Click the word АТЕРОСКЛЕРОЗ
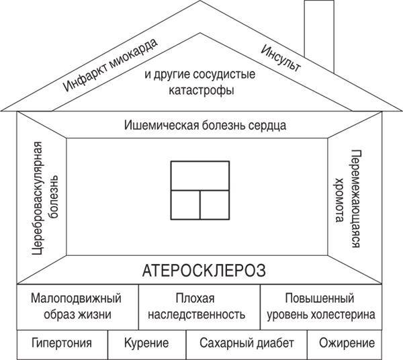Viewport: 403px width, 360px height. point(204,271)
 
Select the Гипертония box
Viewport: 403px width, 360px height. point(62,345)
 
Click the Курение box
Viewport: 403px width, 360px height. point(146,345)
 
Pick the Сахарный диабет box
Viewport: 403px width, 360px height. point(247,345)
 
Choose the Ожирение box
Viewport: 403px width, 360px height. point(345,345)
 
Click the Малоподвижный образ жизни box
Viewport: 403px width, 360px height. point(78,307)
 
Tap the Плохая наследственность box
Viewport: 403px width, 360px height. point(199,307)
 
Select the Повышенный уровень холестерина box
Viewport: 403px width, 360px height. point(321,307)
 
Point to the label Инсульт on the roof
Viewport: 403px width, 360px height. point(280,58)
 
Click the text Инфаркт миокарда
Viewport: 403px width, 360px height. point(110,65)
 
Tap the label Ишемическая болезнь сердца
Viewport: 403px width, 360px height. point(205,126)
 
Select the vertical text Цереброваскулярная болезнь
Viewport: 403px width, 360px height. point(45,198)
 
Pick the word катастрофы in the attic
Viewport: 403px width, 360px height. point(201,91)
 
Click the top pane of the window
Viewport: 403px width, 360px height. point(200,176)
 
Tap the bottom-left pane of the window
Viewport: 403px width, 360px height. point(185,205)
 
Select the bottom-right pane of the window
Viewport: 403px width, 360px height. point(215,205)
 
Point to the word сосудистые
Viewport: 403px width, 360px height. point(224,75)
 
